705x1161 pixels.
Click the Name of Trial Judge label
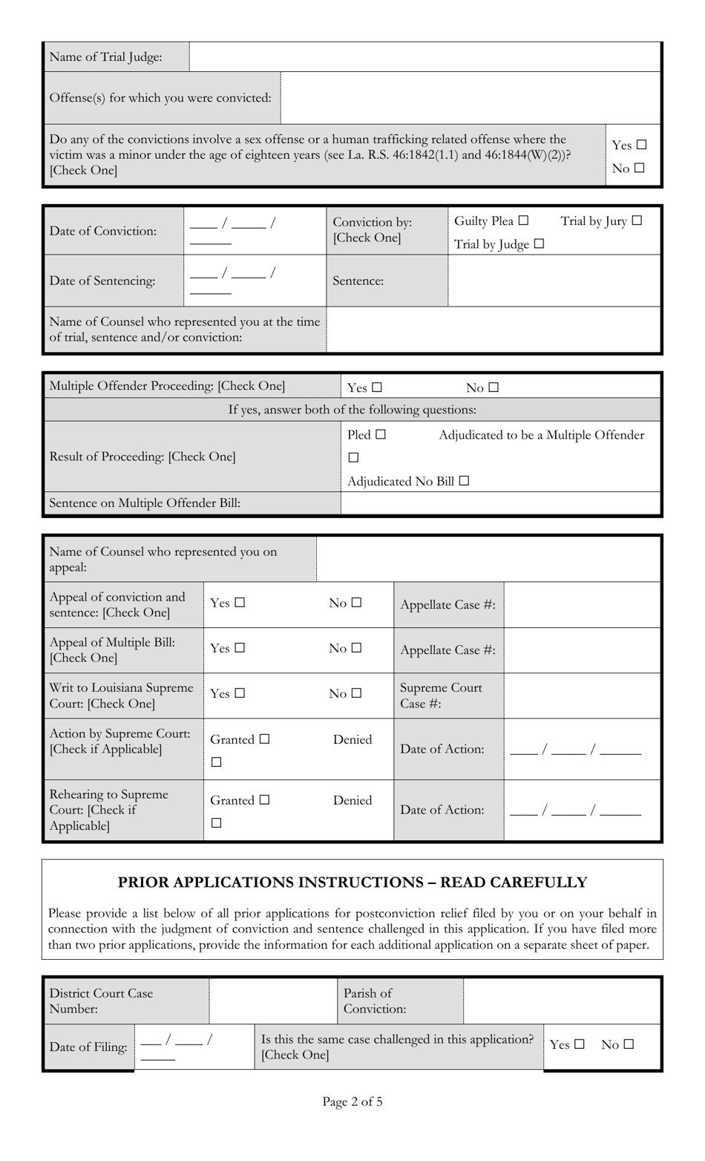(x=105, y=57)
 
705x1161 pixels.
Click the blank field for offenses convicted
(x=470, y=98)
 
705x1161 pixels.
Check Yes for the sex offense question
(x=641, y=145)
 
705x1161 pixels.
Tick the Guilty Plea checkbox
(x=524, y=221)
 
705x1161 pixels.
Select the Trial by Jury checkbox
(x=637, y=221)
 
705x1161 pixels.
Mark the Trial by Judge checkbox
(x=539, y=244)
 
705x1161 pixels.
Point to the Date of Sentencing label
(x=102, y=281)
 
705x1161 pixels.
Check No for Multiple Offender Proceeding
(x=494, y=387)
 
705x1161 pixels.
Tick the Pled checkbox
(x=381, y=435)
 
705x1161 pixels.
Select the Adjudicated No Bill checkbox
(x=464, y=481)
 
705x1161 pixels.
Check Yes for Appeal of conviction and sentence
(x=239, y=604)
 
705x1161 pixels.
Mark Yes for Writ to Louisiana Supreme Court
(x=239, y=694)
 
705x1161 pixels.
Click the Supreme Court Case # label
(x=441, y=696)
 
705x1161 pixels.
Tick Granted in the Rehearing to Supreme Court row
(x=265, y=801)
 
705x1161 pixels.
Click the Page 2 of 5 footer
(x=352, y=1102)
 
